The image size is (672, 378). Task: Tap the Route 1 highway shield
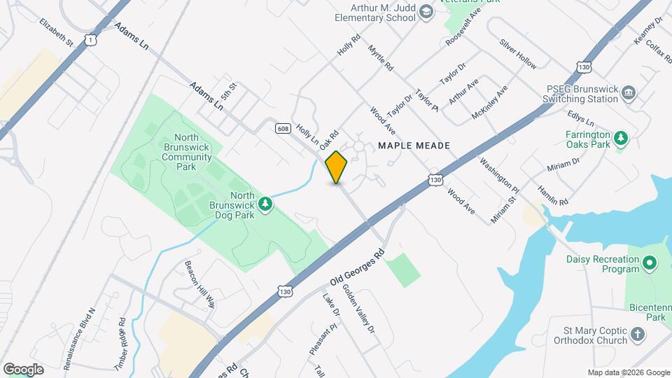tap(90, 41)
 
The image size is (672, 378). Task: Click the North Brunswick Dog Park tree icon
tap(265, 204)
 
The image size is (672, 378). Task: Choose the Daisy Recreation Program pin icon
tap(650, 264)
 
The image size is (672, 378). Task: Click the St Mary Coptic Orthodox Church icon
tap(637, 334)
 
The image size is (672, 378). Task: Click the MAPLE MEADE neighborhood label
tap(413, 146)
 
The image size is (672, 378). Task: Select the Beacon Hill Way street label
tap(200, 285)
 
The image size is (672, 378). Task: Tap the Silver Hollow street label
tap(518, 53)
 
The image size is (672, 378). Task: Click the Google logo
tap(23, 369)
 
